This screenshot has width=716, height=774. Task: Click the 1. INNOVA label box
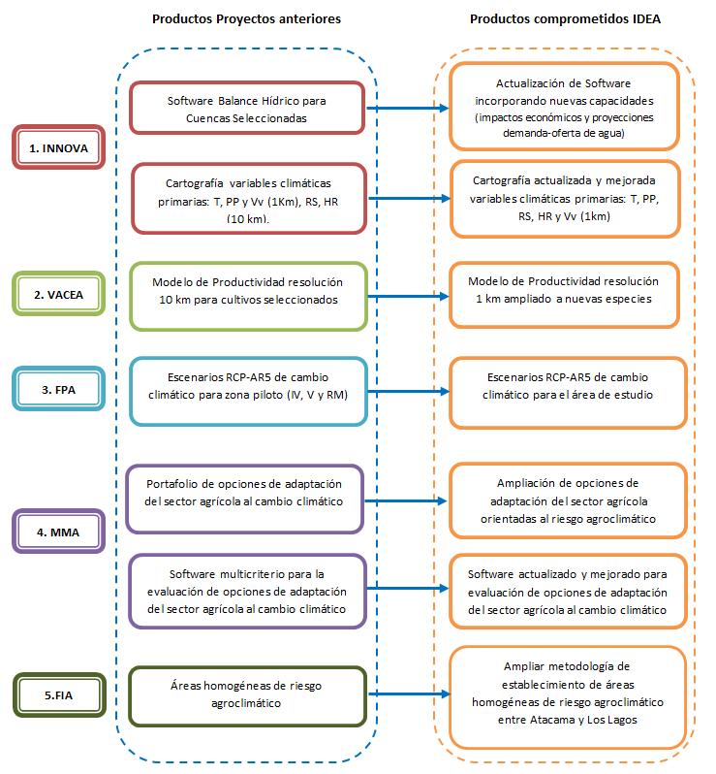59,147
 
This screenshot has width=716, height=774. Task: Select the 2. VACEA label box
59,294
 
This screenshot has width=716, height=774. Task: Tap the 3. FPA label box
59,389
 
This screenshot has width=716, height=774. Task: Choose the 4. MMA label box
59,532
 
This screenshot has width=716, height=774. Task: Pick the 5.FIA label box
59,695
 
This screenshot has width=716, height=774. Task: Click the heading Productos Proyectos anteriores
246,19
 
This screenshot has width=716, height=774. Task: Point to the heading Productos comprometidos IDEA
565,19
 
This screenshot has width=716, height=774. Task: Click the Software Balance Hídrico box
247,108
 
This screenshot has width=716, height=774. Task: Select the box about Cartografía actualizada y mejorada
565,199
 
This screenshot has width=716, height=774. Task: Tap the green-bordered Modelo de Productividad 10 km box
249,296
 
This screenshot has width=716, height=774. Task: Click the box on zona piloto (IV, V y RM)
249,392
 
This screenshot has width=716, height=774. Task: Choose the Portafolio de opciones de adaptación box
244,500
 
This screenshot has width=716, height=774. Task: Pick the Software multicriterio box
247,591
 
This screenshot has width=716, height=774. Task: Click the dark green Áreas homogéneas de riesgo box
247,696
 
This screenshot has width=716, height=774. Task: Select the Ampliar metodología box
568,697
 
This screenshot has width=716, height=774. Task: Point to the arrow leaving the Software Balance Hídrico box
407,108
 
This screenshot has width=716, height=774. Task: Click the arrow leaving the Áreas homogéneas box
409,694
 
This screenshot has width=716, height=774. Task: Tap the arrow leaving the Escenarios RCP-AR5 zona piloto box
409,392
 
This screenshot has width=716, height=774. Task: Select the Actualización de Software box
565,107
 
